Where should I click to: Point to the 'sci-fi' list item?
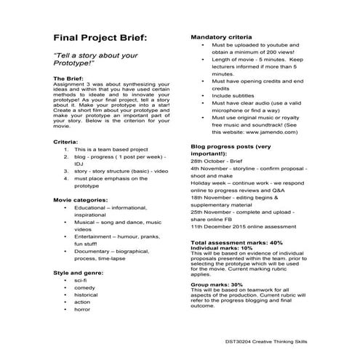[80, 279]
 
